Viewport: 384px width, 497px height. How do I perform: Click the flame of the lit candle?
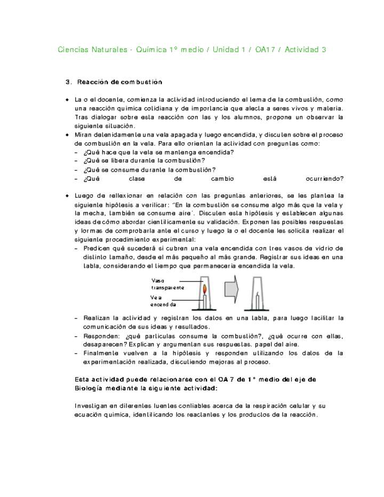coord(204,289)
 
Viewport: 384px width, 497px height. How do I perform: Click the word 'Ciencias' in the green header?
coord(73,50)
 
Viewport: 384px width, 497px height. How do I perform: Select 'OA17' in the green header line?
coord(267,50)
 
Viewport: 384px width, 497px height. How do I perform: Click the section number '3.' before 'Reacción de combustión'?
coord(68,82)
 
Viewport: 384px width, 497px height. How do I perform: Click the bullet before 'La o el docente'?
coord(67,100)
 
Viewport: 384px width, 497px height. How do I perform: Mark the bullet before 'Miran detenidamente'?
coord(67,135)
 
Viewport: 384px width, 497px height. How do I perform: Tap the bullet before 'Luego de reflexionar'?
coord(67,196)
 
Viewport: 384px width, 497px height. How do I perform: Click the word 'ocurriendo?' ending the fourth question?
coord(325,179)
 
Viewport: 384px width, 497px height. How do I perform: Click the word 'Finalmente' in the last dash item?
coord(101,353)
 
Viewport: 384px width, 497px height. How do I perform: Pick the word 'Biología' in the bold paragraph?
coord(89,388)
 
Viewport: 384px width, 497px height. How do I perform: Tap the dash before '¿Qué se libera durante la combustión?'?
coord(77,161)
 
